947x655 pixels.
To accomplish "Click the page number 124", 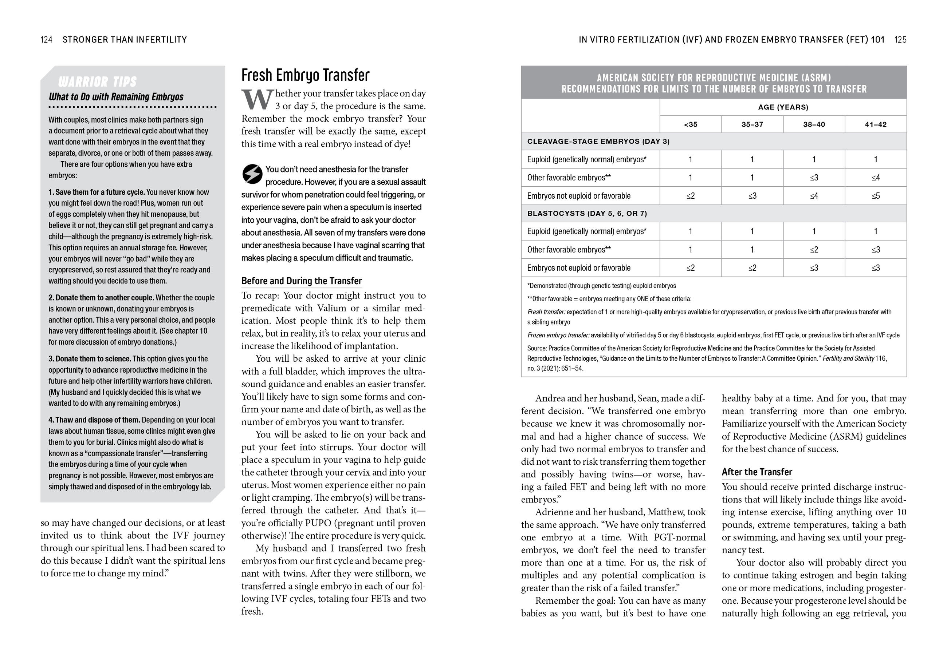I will pos(46,40).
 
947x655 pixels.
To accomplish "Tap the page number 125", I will pos(900,40).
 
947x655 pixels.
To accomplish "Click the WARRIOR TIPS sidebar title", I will pos(97,82).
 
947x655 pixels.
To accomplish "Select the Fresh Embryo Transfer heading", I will pos(305,75).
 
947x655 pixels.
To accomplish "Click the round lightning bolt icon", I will pos(252,174).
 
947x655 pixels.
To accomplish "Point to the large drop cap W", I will pos(257,100).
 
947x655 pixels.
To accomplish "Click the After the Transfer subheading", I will pos(757,472).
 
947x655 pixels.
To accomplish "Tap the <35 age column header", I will pos(690,124).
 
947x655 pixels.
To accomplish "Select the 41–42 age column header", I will pos(876,124).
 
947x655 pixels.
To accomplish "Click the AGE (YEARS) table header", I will pos(783,107).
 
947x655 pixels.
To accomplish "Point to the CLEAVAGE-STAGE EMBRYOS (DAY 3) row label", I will pos(598,142).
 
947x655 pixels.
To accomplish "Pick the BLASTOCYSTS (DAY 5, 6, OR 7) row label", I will pos(587,213).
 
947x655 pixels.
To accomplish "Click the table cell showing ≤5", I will pos(876,196).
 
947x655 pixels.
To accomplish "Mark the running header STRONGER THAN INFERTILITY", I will pos(125,40).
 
